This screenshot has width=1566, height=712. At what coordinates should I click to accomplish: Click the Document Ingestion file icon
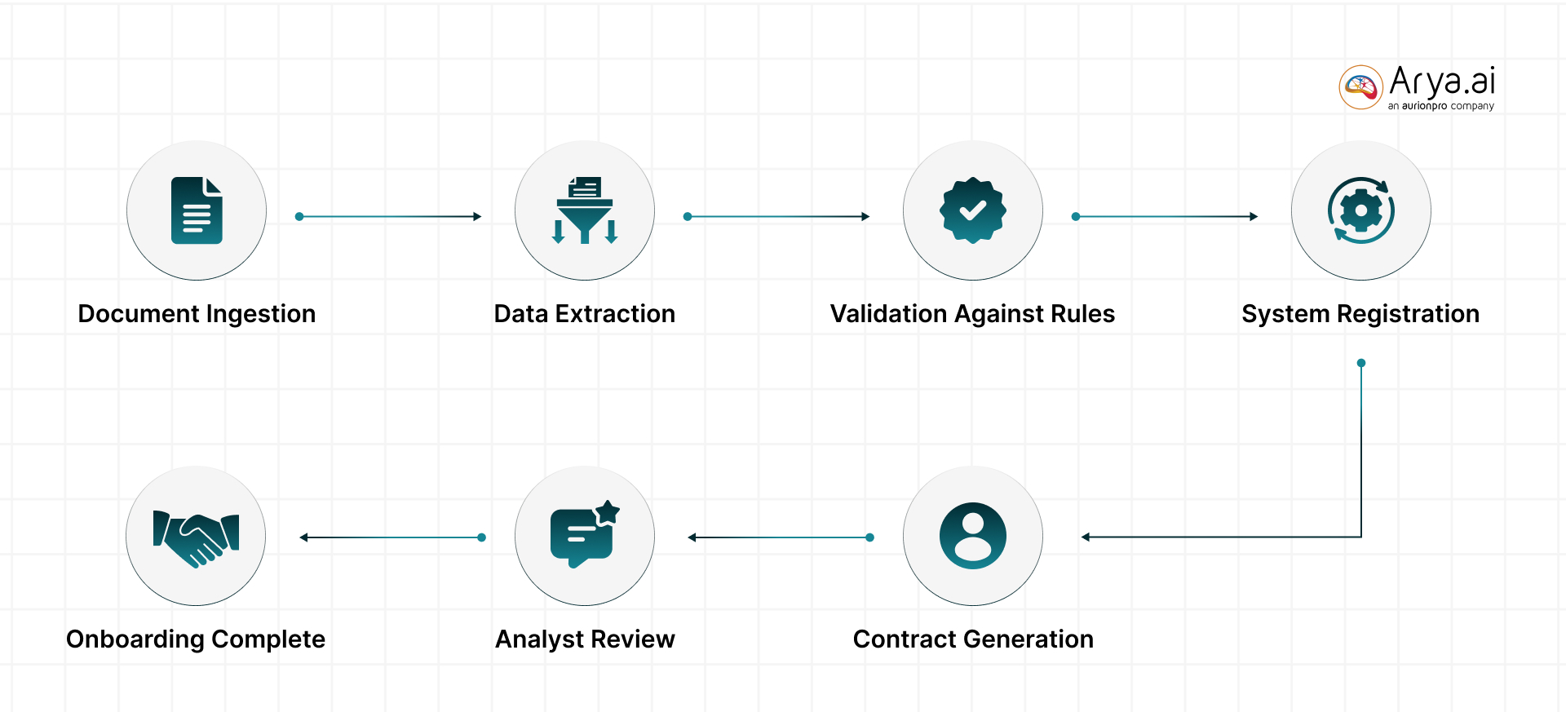tap(197, 210)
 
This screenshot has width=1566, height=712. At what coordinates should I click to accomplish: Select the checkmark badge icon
tap(972, 210)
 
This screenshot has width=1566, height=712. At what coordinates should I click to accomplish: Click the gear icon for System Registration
tap(1360, 210)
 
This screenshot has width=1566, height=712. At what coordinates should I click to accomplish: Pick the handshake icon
tap(196, 537)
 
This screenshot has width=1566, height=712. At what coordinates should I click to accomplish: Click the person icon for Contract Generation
tap(972, 536)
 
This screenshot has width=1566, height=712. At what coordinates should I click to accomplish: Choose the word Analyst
tap(539, 639)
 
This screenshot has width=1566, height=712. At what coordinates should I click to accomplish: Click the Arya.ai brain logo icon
tap(1360, 87)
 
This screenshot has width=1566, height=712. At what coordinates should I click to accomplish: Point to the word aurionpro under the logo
tap(1424, 106)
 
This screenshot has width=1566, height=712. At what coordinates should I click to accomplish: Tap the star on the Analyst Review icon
tap(608, 512)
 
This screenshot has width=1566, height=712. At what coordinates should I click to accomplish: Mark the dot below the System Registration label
tap(1361, 363)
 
